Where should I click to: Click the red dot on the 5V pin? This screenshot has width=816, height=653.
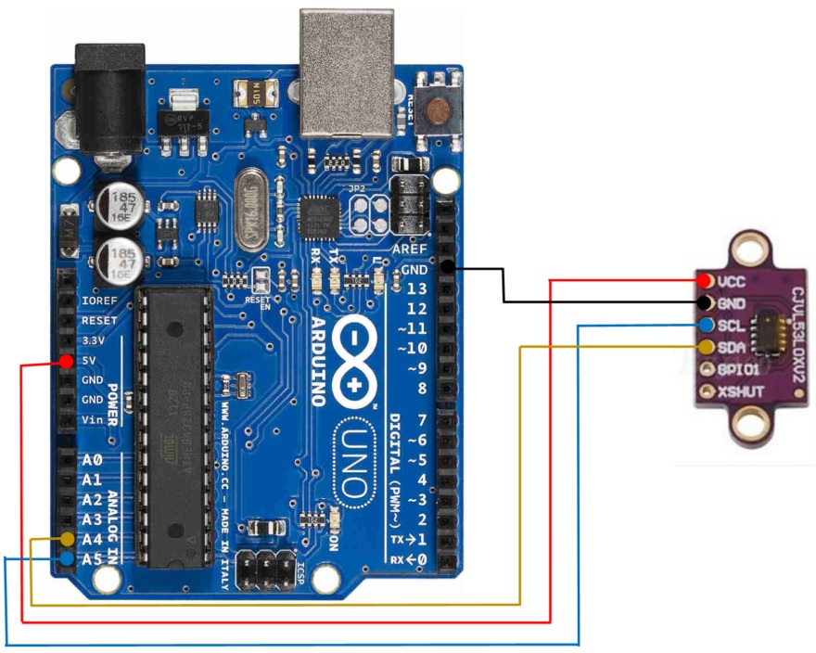pos(66,362)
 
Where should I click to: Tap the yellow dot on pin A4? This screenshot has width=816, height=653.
pos(67,539)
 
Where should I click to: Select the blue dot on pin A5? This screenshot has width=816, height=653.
pos(67,559)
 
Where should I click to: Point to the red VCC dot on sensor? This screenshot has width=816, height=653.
pos(707,280)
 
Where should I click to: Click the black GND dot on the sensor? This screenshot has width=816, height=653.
pos(707,302)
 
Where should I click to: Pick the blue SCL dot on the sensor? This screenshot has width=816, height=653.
pos(707,326)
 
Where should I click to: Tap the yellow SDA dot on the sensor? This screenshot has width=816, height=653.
pos(707,347)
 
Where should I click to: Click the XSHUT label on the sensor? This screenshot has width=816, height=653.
pos(741,391)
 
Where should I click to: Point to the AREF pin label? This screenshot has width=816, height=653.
pos(410,250)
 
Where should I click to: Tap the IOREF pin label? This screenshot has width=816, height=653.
pos(99,301)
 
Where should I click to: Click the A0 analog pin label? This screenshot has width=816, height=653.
pos(92,460)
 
